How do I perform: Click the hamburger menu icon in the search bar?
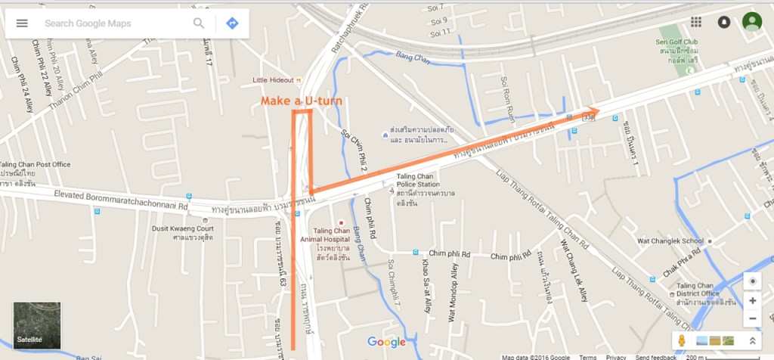[22, 23]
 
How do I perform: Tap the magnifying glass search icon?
[199, 23]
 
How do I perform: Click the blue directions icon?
[232, 23]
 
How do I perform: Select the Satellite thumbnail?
[37, 325]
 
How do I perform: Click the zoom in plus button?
[753, 300]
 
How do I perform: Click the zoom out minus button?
[753, 318]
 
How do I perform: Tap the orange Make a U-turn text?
[302, 101]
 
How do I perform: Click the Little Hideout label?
[274, 80]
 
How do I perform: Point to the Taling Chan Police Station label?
[418, 180]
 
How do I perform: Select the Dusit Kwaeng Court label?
[182, 228]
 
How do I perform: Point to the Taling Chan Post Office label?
[35, 164]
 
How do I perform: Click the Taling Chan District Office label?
[695, 288]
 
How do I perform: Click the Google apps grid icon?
[696, 22]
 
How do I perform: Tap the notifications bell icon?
[723, 22]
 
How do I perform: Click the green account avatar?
[751, 22]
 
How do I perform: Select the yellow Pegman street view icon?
[682, 340]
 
